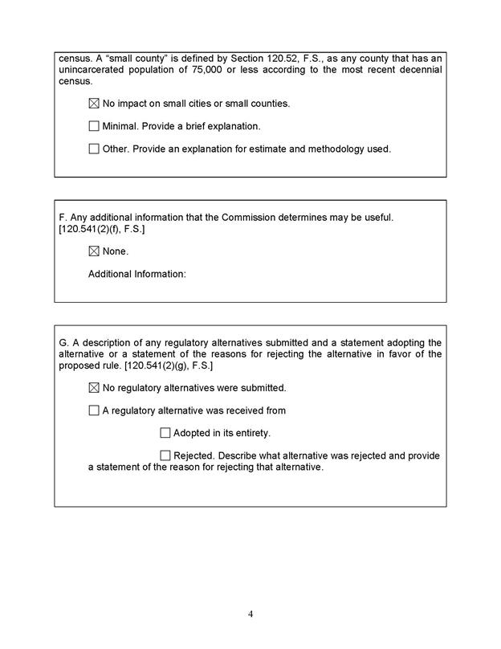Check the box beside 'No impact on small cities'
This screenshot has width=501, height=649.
coord(94,104)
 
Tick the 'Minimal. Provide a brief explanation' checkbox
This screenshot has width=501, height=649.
coord(94,126)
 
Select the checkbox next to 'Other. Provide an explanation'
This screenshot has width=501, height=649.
coord(94,149)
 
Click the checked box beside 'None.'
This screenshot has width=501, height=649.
coord(94,251)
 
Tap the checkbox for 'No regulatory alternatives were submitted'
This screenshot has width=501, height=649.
coord(94,388)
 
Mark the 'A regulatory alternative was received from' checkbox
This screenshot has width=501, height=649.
coord(94,410)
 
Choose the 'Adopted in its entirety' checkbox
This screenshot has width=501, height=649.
coord(165,433)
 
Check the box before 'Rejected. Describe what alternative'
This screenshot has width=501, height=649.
coord(165,455)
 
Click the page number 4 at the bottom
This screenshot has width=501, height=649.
coord(250,614)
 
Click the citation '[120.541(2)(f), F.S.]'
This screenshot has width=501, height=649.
coord(102,229)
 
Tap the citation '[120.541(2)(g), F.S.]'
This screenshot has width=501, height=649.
coord(169,365)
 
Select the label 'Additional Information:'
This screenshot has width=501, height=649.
coord(136,274)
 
